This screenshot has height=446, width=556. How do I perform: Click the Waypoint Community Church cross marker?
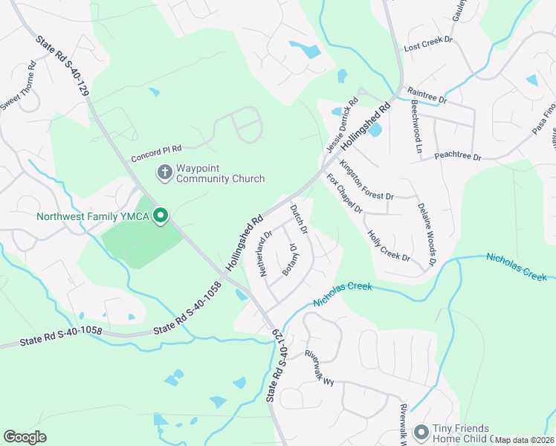pyautogui.click(x=164, y=172)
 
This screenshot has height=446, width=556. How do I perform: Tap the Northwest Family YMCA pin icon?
pyautogui.click(x=160, y=216)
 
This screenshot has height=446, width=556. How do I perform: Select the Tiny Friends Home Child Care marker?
pyautogui.click(x=421, y=432)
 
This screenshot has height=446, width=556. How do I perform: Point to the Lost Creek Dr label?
pyautogui.click(x=427, y=46)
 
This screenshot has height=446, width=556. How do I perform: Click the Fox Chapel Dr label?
pyautogui.click(x=344, y=194)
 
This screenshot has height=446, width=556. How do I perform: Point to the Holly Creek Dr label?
pyautogui.click(x=389, y=246)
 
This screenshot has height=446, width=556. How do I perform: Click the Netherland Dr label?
pyautogui.click(x=265, y=253)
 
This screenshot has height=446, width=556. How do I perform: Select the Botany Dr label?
pyautogui.click(x=290, y=259)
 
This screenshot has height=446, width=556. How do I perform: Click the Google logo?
pyautogui.click(x=25, y=436)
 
